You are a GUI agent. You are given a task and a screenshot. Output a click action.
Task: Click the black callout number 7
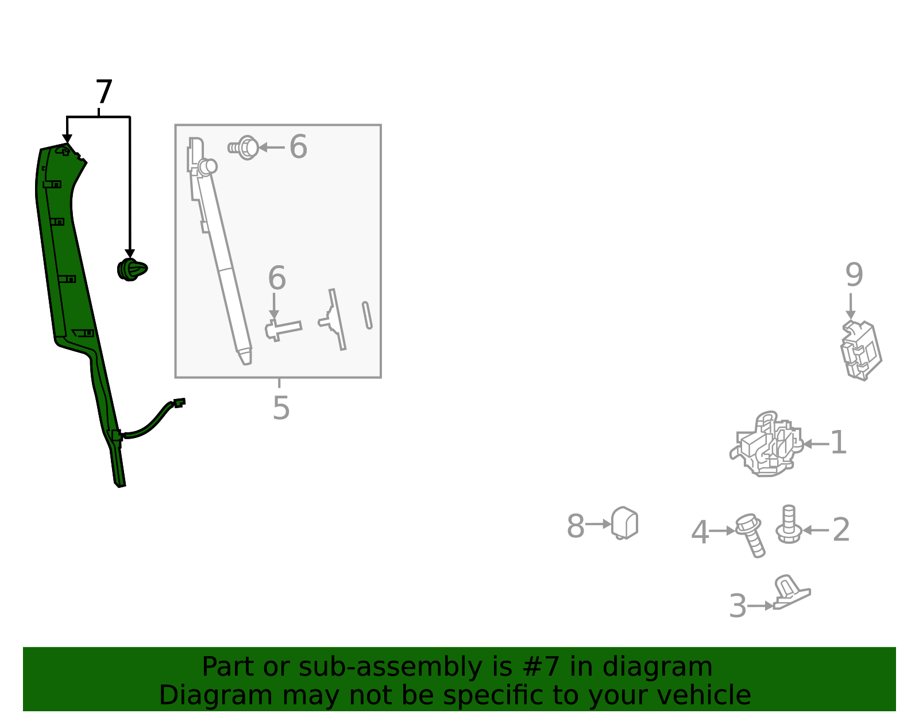(x=103, y=91)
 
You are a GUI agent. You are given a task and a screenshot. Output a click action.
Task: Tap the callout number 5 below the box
(x=281, y=408)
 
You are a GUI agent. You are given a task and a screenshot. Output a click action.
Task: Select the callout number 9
(x=854, y=274)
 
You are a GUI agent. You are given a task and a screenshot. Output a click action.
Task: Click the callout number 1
(x=839, y=443)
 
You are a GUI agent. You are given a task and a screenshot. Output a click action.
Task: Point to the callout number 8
(x=575, y=526)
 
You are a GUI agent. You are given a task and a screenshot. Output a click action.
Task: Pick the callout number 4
(x=700, y=532)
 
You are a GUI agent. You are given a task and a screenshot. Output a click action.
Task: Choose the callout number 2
(x=841, y=529)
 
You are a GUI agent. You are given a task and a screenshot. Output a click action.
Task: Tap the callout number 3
(x=737, y=606)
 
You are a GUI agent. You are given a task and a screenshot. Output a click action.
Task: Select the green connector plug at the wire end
(x=179, y=402)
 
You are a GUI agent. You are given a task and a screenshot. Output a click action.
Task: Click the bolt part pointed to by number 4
(x=750, y=536)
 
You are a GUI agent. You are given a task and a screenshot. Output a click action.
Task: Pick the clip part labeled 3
(x=791, y=592)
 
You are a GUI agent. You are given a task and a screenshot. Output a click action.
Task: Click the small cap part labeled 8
(x=625, y=523)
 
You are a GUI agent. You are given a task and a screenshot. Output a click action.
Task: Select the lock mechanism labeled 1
(x=766, y=444)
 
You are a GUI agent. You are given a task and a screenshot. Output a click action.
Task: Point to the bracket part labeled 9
(x=861, y=350)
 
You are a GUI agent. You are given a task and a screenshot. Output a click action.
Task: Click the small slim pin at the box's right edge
(x=367, y=315)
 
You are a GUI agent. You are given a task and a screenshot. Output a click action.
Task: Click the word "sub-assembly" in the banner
(x=391, y=666)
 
